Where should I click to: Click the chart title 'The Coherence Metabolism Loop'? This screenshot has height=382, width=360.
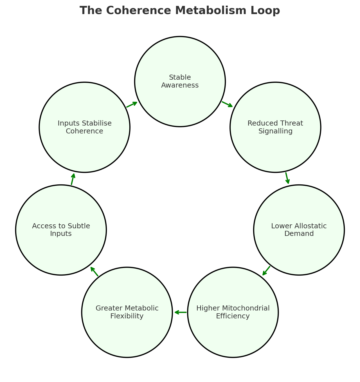coord(180,11)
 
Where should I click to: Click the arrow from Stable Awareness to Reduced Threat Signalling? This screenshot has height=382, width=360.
coord(227,104)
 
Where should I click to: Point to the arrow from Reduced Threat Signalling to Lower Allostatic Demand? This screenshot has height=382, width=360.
coord(287,178)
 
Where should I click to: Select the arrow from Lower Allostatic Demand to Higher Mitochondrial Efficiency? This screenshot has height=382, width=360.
coord(266,271)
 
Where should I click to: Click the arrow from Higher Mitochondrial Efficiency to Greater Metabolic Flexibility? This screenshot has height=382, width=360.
coord(180,312)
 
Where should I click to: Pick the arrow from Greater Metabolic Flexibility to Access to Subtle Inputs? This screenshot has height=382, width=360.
coord(94,272)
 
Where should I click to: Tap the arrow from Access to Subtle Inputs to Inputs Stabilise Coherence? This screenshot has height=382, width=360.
coord(73,179)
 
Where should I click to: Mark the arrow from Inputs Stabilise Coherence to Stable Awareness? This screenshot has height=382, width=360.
coord(132,104)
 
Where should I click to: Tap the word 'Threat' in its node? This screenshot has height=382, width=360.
coord(294,123)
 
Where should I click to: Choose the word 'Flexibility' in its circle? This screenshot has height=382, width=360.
coord(127,316)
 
